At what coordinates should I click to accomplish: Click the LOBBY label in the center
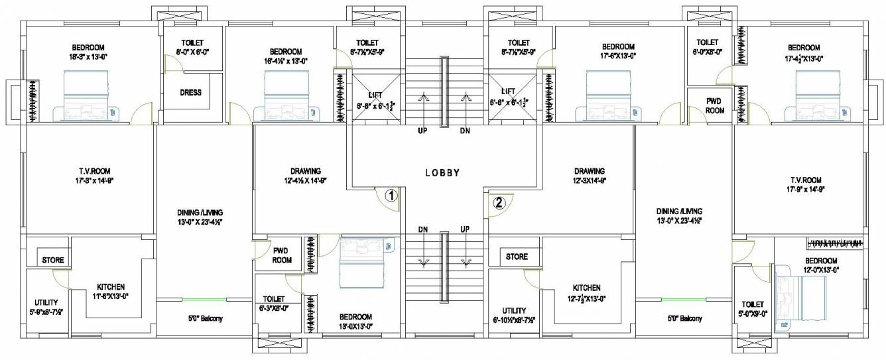pyautogui.click(x=442, y=172)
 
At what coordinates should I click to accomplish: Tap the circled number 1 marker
pyautogui.click(x=391, y=196)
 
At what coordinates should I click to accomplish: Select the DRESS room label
pyautogui.click(x=190, y=93)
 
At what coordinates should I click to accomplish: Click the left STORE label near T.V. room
pyautogui.click(x=52, y=259)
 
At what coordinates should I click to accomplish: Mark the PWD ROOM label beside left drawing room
pyautogui.click(x=283, y=255)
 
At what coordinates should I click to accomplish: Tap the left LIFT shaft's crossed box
pyautogui.click(x=376, y=98)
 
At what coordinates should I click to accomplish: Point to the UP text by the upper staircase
pyautogui.click(x=422, y=131)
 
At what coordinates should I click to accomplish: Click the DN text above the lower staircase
pyautogui.click(x=422, y=229)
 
